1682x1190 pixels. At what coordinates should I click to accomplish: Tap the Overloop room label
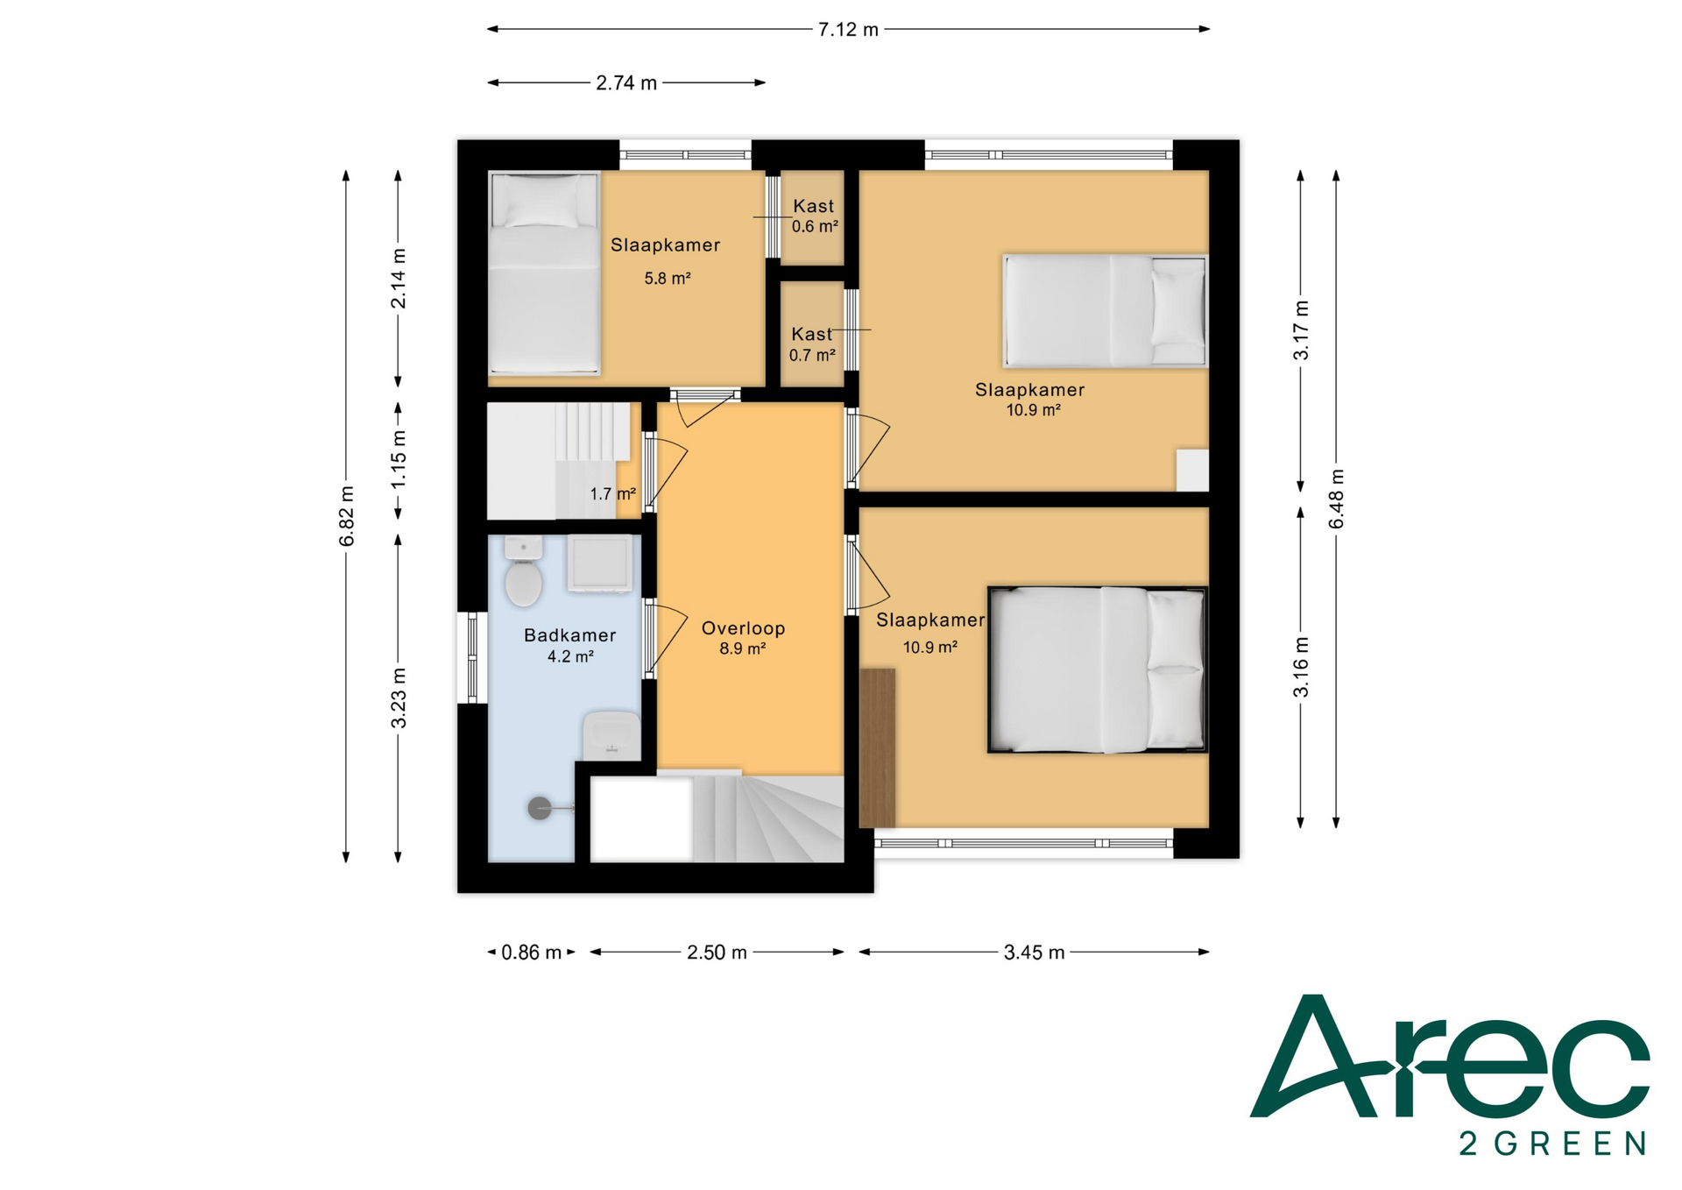click(743, 628)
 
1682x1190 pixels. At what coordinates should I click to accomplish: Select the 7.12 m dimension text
click(848, 30)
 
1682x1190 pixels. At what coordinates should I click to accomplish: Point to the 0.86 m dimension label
click(531, 953)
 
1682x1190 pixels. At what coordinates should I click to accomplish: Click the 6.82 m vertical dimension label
click(347, 516)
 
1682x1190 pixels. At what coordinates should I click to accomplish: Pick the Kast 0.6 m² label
click(814, 216)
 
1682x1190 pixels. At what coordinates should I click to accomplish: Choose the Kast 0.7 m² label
click(812, 344)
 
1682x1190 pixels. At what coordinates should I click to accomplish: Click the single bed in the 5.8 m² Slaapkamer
click(544, 273)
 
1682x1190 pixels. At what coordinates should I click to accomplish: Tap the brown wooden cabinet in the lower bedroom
click(877, 748)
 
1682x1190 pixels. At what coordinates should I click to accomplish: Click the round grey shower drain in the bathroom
click(540, 808)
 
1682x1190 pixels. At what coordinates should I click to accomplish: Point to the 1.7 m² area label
click(612, 494)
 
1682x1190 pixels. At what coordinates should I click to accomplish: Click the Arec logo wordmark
click(1450, 1057)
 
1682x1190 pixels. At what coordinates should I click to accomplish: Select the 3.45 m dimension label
click(1034, 953)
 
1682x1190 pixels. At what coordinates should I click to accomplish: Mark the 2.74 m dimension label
click(626, 83)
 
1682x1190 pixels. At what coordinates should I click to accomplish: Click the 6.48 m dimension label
click(1337, 499)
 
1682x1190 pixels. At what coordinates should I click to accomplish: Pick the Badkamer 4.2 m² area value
click(570, 656)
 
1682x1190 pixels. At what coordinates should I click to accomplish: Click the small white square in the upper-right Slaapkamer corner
click(1192, 471)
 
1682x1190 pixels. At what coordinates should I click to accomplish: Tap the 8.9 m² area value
click(743, 649)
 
